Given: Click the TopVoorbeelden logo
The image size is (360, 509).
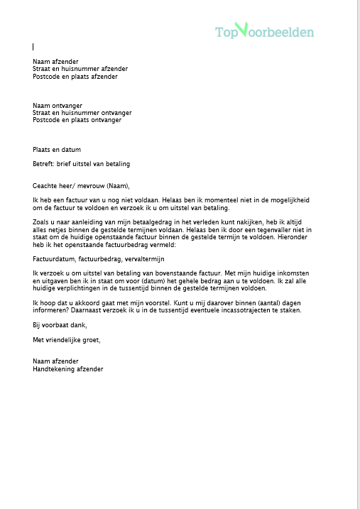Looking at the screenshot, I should (264, 31).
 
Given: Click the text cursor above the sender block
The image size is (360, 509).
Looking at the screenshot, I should (33, 47).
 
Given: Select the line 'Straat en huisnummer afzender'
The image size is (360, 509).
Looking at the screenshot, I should (80, 69).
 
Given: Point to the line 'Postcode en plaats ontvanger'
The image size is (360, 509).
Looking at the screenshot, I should (77, 120).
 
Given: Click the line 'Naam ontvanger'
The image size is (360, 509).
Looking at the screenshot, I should (57, 105).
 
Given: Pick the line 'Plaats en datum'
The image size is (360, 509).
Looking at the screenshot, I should (57, 150).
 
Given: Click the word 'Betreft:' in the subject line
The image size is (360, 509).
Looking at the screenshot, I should (44, 164).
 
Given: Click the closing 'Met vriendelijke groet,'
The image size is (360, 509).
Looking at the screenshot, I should (67, 339).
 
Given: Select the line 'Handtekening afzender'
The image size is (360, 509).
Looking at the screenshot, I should (67, 369).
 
